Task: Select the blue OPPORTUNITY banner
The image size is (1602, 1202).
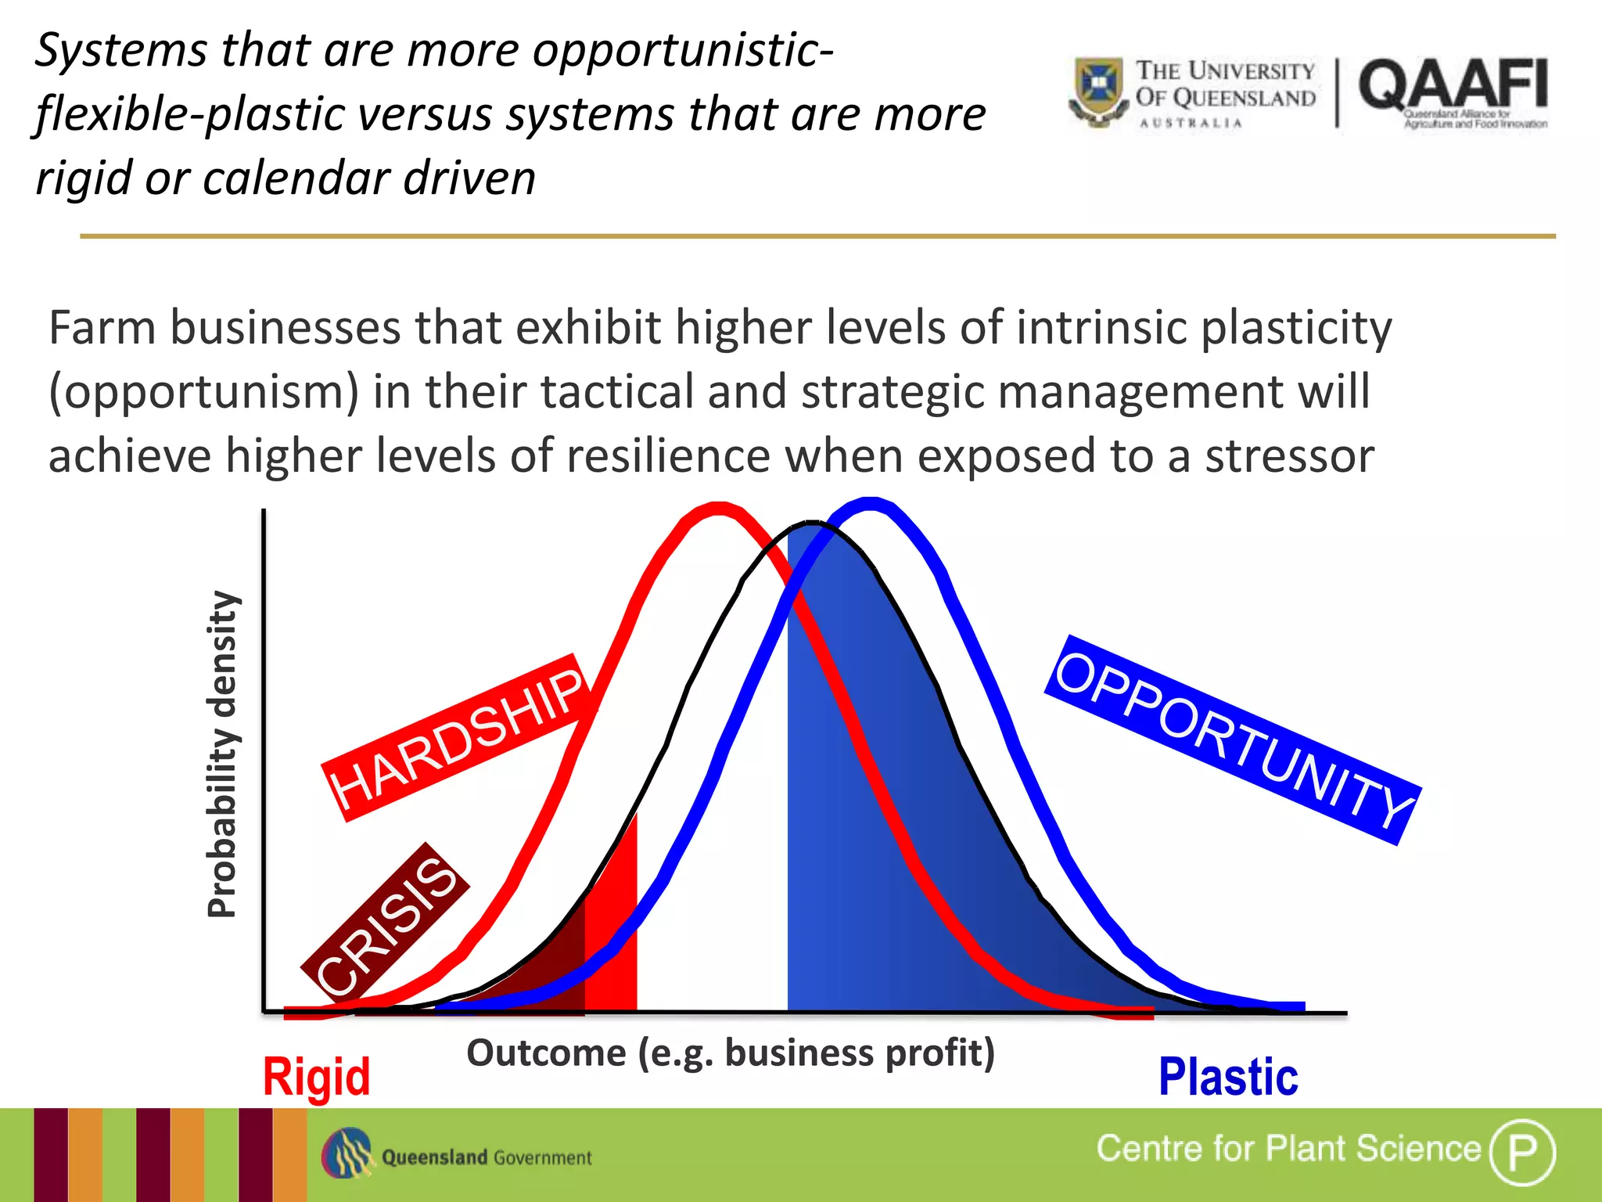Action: tap(1233, 740)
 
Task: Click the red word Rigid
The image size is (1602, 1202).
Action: tap(316, 1077)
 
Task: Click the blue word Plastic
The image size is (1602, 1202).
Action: tap(1228, 1077)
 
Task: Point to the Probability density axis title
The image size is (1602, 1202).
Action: tap(222, 754)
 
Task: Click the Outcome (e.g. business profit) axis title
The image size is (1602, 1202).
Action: tap(731, 1053)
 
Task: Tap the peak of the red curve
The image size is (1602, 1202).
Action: tap(718, 509)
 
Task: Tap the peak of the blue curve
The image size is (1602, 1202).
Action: tap(870, 503)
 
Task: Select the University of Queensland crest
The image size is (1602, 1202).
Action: tap(1100, 91)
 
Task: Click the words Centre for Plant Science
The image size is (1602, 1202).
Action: tap(1288, 1149)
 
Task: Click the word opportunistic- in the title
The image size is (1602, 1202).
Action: tap(683, 52)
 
